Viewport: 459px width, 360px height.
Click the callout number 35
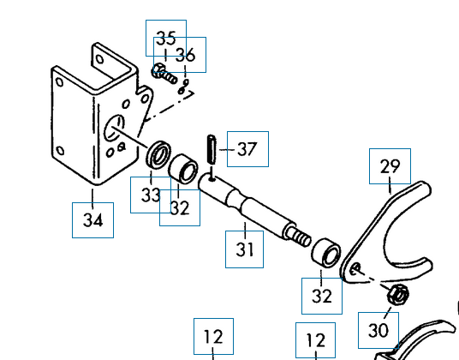(x=166, y=38)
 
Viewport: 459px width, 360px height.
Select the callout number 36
(x=185, y=55)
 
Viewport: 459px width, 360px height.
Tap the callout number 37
(x=247, y=149)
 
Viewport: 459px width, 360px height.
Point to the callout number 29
(x=390, y=166)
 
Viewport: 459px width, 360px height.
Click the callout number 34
(x=92, y=220)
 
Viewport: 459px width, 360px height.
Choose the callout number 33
(x=151, y=195)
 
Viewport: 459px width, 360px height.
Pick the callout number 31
(x=244, y=249)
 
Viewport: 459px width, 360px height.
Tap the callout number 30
(x=379, y=330)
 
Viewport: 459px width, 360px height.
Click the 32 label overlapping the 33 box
(x=180, y=208)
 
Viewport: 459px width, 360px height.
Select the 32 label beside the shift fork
(x=322, y=297)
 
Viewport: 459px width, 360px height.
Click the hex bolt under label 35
(x=164, y=74)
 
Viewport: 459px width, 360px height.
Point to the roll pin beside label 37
(x=212, y=149)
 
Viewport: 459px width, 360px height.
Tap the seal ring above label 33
(x=159, y=154)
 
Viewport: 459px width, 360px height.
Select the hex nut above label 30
(x=398, y=294)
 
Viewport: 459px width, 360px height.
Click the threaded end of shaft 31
(x=299, y=236)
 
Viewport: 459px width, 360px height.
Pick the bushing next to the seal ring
(x=183, y=169)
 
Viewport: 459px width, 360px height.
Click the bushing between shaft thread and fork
(x=325, y=253)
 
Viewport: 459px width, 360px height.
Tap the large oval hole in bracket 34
(x=115, y=128)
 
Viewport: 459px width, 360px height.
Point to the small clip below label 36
(x=183, y=87)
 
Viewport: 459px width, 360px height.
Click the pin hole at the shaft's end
(x=212, y=177)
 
